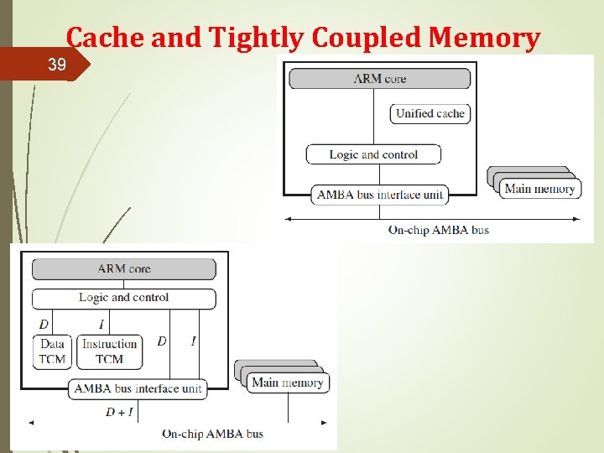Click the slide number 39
(x=57, y=65)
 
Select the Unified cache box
(x=430, y=113)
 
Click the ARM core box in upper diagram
(x=379, y=79)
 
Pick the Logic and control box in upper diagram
(x=373, y=154)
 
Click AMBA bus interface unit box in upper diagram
(x=379, y=195)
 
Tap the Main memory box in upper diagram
(x=539, y=189)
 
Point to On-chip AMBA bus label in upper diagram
(x=438, y=230)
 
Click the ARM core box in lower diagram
(x=123, y=268)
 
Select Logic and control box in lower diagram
(x=123, y=298)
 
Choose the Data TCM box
(x=52, y=351)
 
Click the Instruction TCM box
(x=109, y=351)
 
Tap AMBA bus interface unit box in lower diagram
(x=138, y=388)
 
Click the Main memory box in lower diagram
(x=287, y=383)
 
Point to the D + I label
(x=119, y=412)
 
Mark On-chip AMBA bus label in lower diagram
(x=212, y=434)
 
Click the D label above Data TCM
(x=44, y=325)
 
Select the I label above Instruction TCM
(x=102, y=325)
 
